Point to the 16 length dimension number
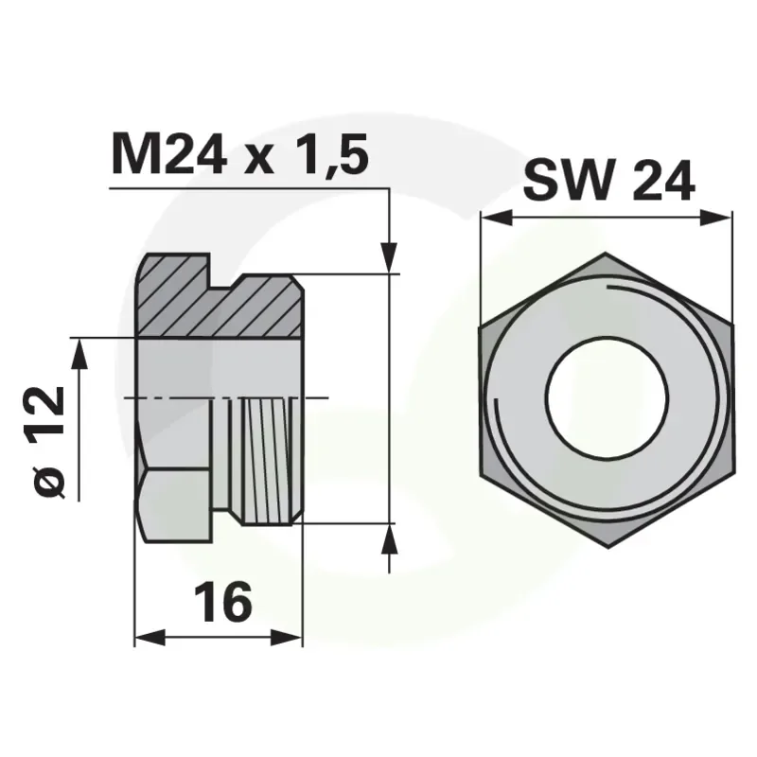[x=223, y=602]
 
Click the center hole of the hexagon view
[x=607, y=398]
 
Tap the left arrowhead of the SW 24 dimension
[x=496, y=218]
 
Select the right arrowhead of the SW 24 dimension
[x=716, y=218]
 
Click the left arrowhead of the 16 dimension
[x=150, y=638]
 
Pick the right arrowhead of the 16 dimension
[x=287, y=638]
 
